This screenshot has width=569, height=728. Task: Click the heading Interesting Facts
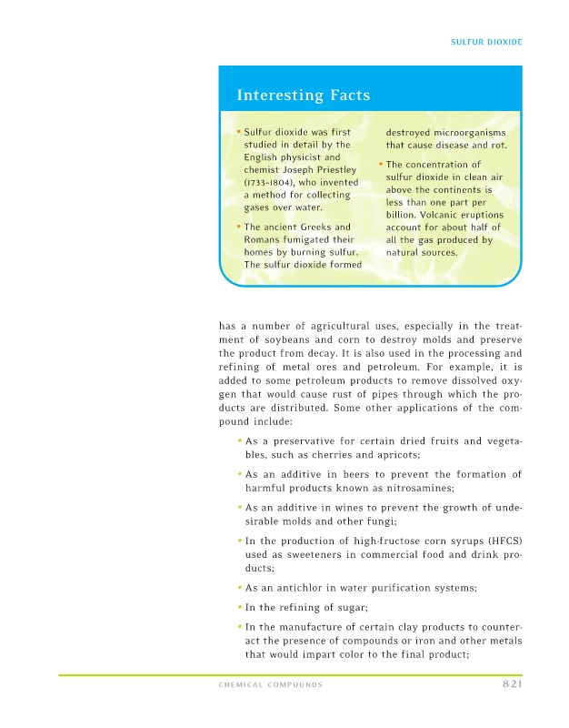coord(303,95)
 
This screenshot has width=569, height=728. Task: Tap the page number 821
coord(511,684)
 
